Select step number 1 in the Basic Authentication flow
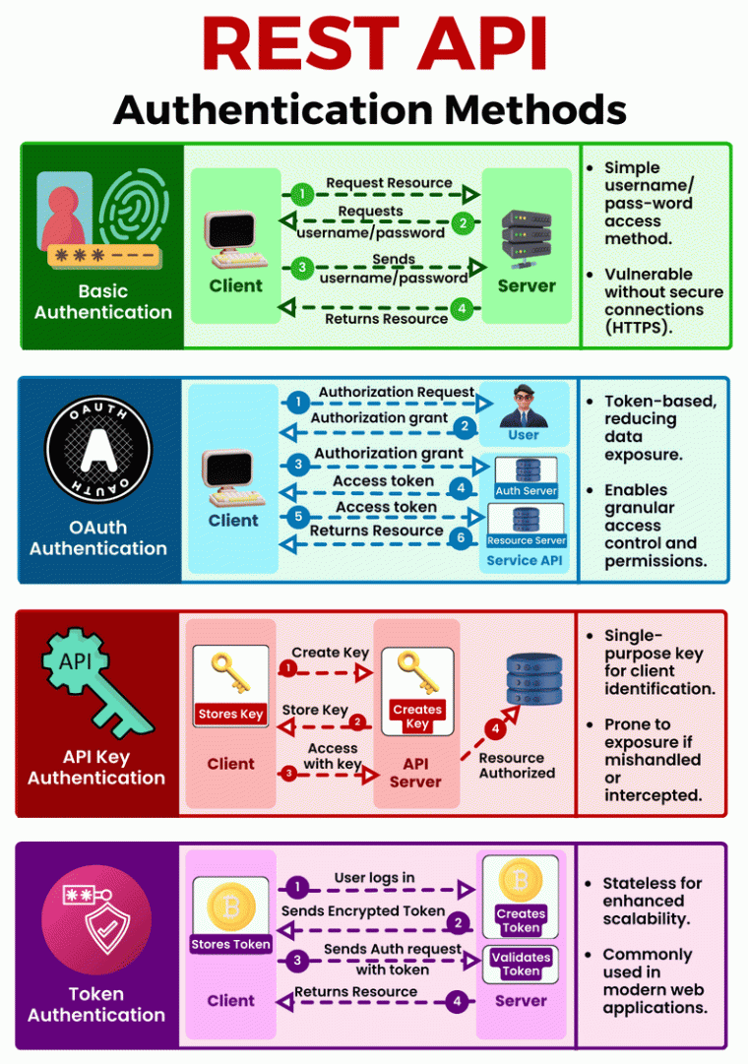click(305, 194)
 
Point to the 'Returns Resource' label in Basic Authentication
click(388, 319)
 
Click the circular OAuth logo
click(98, 452)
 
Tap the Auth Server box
click(527, 477)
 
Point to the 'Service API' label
click(526, 560)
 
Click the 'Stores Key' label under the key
click(230, 714)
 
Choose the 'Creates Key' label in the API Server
click(417, 717)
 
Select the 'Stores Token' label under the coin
click(231, 944)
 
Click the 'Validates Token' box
click(521, 964)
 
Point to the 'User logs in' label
click(374, 878)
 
